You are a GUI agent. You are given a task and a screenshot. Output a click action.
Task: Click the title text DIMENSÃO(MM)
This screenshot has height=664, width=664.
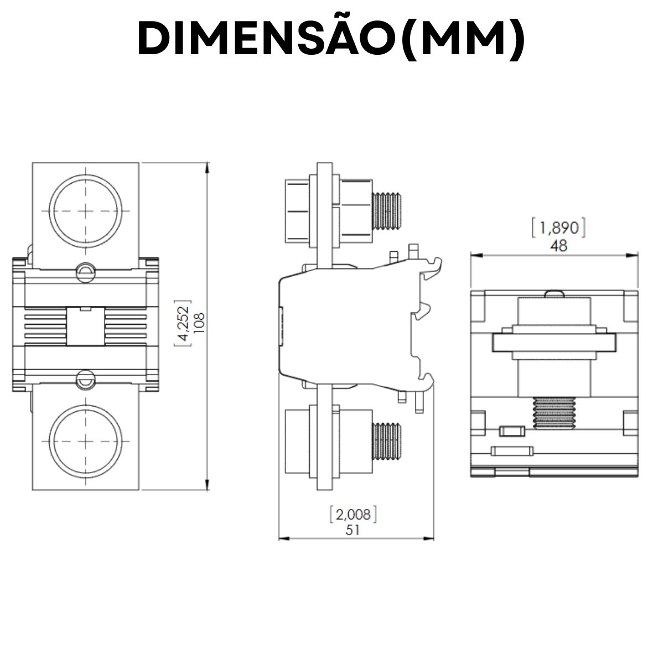pos(331,39)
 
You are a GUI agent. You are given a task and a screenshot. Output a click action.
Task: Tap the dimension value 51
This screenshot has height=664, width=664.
pos(353,530)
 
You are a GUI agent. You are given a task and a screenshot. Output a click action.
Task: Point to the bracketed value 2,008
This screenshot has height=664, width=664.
pos(353,515)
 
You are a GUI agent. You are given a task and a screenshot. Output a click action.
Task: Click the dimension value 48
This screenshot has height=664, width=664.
pos(559,245)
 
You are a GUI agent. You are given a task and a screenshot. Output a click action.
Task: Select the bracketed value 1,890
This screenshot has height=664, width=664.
pos(559,229)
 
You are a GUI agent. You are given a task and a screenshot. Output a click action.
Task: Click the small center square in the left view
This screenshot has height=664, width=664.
pos(85,326)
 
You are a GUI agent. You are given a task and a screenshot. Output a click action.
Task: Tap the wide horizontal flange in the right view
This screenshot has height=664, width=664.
pos(554,343)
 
